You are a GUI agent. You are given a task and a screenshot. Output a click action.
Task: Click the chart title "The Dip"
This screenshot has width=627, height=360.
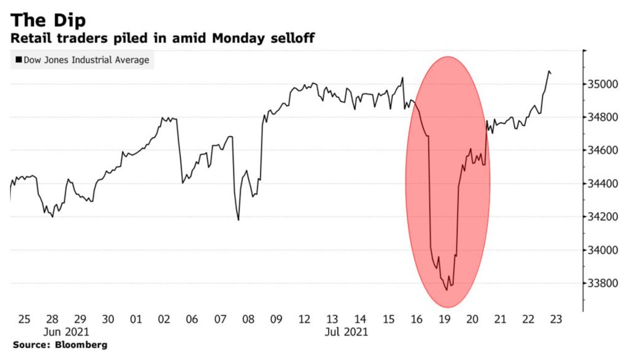(48, 21)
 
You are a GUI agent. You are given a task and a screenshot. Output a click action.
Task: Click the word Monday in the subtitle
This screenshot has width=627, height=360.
(238, 38)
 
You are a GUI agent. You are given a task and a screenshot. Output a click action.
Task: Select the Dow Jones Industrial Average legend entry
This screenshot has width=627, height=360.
(83, 60)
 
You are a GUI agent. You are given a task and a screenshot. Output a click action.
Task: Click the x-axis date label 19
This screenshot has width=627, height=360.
(445, 319)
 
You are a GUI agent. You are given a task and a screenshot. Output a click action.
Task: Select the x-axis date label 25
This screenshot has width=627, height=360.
(24, 319)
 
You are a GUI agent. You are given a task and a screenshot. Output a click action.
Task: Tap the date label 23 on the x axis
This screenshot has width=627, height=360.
(556, 319)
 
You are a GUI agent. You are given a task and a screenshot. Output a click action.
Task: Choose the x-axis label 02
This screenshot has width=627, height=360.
(164, 319)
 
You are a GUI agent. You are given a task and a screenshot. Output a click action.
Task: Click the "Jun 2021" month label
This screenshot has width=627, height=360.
(66, 332)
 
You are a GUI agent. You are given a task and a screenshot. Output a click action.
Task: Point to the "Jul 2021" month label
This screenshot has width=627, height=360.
(346, 332)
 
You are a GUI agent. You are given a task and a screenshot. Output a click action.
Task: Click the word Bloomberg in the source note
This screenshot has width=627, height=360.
(81, 345)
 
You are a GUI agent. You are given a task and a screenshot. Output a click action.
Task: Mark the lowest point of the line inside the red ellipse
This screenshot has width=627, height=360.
(447, 291)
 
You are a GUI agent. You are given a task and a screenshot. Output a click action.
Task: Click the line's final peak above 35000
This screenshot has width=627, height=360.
(549, 71)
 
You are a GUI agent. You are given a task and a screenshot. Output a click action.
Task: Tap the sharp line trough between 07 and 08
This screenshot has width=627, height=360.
(238, 220)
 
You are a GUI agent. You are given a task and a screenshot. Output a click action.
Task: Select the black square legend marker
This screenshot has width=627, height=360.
(19, 60)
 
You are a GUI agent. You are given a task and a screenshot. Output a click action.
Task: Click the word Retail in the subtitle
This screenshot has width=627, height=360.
(31, 38)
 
